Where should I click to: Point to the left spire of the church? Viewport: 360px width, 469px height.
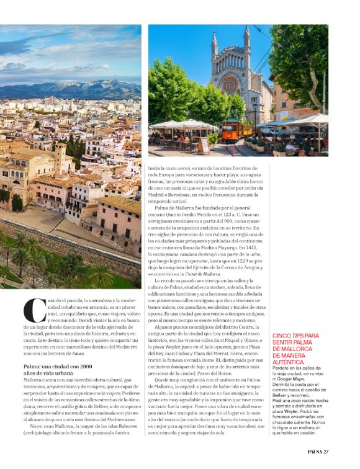(x=215, y=43)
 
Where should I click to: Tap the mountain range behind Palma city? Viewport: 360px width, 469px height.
(x=68, y=89)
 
